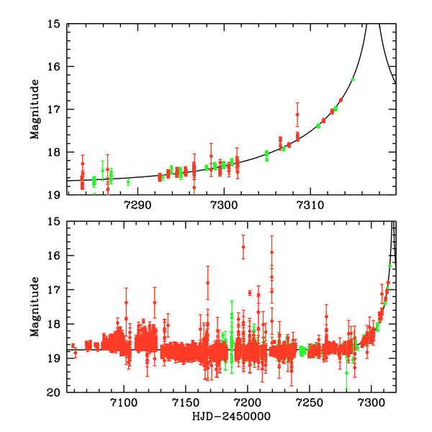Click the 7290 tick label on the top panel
coord(138,204)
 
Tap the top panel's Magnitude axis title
coord(35,109)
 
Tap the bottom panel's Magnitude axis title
coord(35,307)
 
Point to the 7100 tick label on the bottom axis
coord(124,402)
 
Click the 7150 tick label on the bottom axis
coord(186,402)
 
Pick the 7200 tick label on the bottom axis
coord(248,402)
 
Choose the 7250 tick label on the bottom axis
coord(310,402)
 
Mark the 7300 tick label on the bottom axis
coord(372,402)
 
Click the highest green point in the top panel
coord(353,79)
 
